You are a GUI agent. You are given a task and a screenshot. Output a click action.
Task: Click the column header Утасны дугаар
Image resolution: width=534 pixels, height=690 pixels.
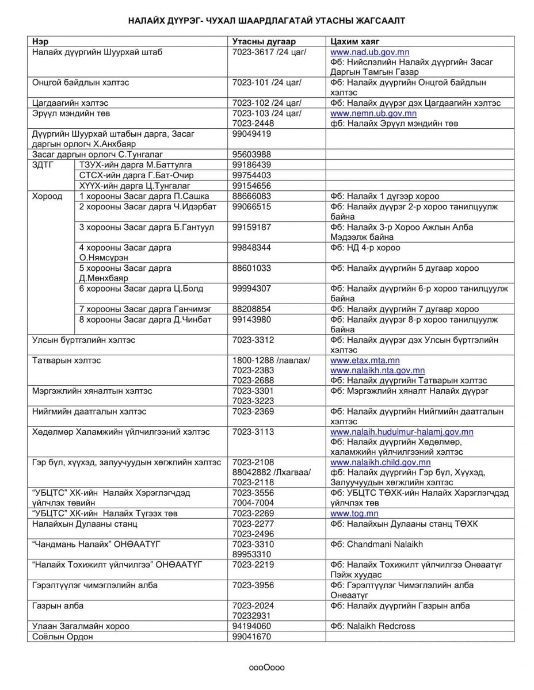click(x=264, y=42)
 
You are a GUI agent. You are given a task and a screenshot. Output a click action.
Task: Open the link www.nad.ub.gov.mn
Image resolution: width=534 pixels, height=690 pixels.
click(x=369, y=52)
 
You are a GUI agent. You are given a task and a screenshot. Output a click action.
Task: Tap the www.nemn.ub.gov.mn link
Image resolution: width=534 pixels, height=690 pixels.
click(x=373, y=113)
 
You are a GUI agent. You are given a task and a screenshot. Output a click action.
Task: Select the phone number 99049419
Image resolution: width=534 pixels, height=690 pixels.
click(x=251, y=134)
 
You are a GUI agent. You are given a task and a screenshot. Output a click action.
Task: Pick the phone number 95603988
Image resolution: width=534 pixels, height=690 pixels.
click(x=251, y=155)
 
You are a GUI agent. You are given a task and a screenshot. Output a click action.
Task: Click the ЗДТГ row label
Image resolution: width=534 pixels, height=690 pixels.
click(x=43, y=164)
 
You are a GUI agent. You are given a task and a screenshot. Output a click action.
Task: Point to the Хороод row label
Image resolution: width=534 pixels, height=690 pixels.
click(x=47, y=196)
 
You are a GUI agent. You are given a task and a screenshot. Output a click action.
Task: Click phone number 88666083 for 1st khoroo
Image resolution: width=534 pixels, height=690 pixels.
click(x=251, y=196)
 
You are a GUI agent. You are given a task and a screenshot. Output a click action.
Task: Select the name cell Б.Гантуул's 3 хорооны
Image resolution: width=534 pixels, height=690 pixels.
click(x=146, y=227)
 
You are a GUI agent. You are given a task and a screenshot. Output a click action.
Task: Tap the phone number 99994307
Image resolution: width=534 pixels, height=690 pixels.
click(x=251, y=289)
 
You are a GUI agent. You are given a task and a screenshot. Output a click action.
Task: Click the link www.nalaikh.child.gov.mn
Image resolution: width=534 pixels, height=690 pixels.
click(x=380, y=462)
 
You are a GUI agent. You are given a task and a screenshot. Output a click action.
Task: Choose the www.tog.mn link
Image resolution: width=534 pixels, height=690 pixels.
click(x=354, y=513)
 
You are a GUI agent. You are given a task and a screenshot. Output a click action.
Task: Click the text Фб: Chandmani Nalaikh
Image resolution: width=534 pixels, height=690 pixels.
click(x=376, y=544)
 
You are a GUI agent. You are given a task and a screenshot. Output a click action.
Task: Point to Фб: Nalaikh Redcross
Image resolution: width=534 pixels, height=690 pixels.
click(x=372, y=626)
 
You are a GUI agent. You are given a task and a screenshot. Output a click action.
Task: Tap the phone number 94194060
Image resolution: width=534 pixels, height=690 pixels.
click(x=251, y=626)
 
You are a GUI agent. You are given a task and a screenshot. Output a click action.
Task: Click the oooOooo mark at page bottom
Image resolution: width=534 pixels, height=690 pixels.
click(x=266, y=668)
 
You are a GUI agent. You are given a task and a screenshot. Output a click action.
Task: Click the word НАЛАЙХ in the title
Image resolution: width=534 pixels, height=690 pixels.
click(x=148, y=21)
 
